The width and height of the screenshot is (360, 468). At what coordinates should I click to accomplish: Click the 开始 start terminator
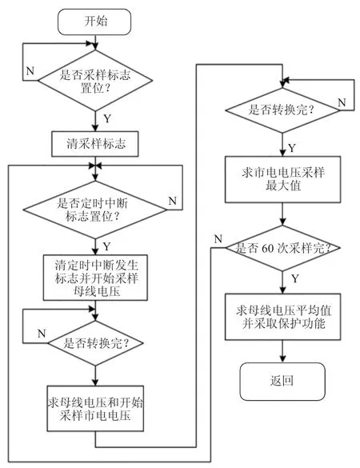click(94, 22)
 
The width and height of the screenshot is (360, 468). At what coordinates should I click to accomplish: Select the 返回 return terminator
click(282, 382)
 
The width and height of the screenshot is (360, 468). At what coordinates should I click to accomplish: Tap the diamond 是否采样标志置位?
click(95, 80)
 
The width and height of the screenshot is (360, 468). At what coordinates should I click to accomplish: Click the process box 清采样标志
click(95, 144)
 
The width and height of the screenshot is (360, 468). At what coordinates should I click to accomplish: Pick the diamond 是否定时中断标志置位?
click(95, 210)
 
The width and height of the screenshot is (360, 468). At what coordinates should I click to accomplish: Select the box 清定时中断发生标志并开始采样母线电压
click(95, 278)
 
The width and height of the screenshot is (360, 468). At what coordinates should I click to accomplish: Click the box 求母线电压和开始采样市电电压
click(95, 408)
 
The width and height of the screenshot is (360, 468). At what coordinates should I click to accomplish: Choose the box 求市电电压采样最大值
click(282, 179)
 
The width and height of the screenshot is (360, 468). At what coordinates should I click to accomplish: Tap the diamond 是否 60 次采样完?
click(282, 248)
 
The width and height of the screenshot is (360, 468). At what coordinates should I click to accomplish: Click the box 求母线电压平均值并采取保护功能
click(282, 317)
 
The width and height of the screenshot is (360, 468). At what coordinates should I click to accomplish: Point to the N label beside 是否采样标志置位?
click(30, 71)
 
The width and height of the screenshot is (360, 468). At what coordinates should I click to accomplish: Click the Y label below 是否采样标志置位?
click(107, 118)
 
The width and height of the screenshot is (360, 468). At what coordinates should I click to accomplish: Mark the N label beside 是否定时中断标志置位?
click(173, 201)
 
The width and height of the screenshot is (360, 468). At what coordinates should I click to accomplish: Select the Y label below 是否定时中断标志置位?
click(107, 246)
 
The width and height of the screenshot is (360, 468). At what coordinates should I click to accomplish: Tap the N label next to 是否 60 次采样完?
click(218, 238)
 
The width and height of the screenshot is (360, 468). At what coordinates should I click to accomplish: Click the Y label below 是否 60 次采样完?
click(295, 278)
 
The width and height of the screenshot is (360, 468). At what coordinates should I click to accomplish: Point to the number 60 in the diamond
click(266, 248)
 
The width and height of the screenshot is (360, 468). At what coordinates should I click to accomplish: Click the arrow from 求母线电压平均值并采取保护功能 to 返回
click(282, 351)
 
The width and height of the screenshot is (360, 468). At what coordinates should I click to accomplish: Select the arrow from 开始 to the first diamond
click(95, 42)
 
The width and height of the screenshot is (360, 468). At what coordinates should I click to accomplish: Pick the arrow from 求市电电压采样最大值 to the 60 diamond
click(282, 214)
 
